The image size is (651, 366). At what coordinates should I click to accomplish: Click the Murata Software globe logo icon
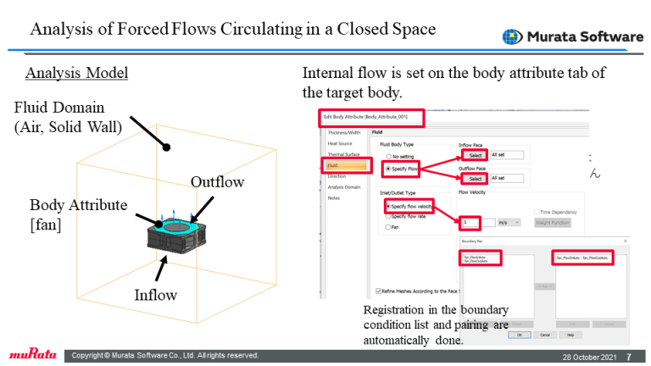pyautogui.click(x=513, y=37)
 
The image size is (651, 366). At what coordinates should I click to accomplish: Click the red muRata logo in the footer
pyautogui.click(x=32, y=355)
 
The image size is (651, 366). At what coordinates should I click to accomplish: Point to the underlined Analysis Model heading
pyautogui.click(x=76, y=73)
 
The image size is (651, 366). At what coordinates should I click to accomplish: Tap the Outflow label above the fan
pyautogui.click(x=217, y=182)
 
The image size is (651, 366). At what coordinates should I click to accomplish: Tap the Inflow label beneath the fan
pyautogui.click(x=157, y=295)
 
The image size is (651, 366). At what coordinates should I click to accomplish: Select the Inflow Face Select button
pyautogui.click(x=475, y=155)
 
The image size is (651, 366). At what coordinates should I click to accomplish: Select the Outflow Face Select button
pyautogui.click(x=475, y=179)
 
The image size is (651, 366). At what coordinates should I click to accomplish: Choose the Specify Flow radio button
pyautogui.click(x=389, y=169)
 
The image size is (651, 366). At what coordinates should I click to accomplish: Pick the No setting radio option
pyautogui.click(x=389, y=158)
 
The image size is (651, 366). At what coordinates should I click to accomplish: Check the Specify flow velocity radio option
pyautogui.click(x=389, y=206)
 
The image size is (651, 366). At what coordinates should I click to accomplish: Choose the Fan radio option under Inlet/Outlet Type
pyautogui.click(x=389, y=227)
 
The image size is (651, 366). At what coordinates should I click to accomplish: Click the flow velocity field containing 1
pyautogui.click(x=473, y=223)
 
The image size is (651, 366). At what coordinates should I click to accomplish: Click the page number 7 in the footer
pyautogui.click(x=628, y=356)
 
